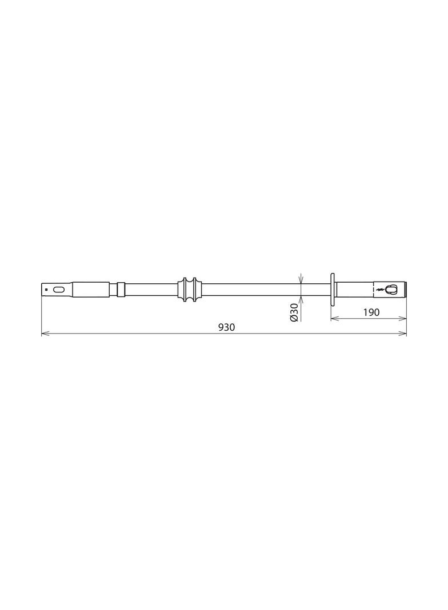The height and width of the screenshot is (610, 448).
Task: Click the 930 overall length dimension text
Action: (227, 327)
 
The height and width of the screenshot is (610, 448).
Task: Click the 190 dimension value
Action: (371, 312)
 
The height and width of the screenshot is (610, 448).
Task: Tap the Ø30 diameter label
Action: (294, 312)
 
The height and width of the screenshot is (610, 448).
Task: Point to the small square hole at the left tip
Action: (46, 290)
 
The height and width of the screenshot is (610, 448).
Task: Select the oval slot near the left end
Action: (59, 290)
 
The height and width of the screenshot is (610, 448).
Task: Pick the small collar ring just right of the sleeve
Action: (121, 289)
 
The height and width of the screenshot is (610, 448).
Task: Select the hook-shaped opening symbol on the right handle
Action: (391, 289)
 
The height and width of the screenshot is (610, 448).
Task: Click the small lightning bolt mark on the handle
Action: (379, 289)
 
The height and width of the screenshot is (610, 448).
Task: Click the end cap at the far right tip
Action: (404, 289)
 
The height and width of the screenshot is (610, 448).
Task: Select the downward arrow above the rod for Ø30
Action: (301, 280)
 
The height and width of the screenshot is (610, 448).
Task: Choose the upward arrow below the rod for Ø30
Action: (301, 299)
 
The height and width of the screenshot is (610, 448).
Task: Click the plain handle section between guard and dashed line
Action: (354, 289)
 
